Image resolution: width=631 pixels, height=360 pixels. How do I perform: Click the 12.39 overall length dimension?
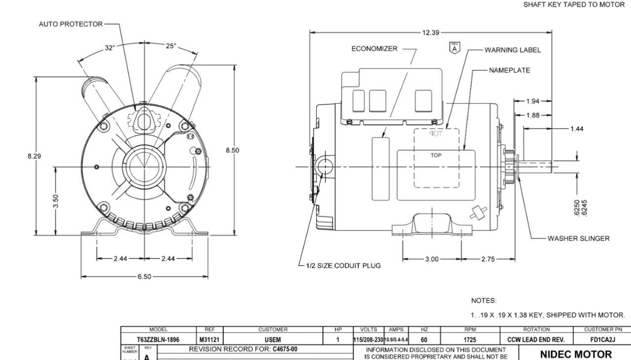[430, 33]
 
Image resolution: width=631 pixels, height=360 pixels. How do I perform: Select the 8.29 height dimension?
[35, 156]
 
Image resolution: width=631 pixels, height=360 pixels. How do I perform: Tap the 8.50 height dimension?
[233, 150]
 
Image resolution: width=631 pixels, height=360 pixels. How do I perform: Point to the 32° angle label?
[109, 47]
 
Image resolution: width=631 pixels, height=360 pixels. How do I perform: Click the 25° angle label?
[171, 46]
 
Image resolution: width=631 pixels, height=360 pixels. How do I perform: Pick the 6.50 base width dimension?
[144, 277]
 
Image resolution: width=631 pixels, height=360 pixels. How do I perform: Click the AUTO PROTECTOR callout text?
[71, 24]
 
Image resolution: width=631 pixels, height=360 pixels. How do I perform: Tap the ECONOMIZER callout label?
[374, 49]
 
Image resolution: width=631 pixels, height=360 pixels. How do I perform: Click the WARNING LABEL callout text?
[512, 50]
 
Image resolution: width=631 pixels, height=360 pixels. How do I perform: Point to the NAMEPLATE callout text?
[509, 70]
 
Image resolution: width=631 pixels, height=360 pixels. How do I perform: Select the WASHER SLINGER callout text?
[578, 238]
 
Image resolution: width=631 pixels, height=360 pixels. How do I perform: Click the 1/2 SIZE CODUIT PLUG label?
[343, 265]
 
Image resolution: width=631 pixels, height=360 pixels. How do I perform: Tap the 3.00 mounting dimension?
[431, 259]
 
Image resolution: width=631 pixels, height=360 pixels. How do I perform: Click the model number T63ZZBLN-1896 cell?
[158, 339]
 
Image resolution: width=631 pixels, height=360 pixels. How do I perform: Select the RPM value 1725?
[470, 339]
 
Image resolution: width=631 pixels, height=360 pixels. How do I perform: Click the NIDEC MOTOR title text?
[576, 354]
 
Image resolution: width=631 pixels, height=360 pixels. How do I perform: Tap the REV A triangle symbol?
[454, 47]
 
